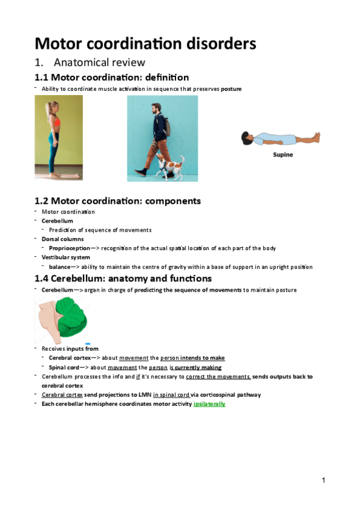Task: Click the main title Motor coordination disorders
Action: pos(145,43)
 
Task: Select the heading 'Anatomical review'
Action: pos(99,63)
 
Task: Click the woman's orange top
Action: pos(55,123)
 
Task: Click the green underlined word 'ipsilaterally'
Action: pos(209,404)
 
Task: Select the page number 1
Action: pos(323,480)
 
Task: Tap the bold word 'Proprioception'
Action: pos(70,248)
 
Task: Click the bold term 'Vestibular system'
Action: pos(66,257)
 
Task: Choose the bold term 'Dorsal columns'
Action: pos(61,239)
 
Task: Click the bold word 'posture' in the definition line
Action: pos(231,89)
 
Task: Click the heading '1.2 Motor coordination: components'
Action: pos(118,201)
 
